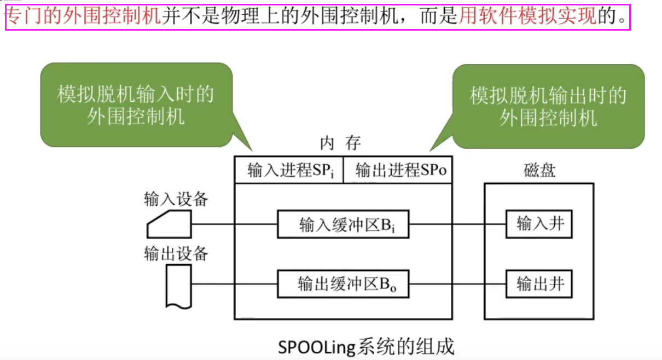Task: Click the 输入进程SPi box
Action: (288, 171)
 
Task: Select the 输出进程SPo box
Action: (398, 171)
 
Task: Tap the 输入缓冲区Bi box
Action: (343, 224)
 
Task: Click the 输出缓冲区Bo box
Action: (343, 284)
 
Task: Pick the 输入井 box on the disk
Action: (539, 224)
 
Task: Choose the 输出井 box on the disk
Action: (539, 284)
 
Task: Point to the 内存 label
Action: (340, 144)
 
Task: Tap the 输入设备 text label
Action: (176, 199)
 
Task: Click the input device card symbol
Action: (169, 224)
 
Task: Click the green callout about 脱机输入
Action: (136, 105)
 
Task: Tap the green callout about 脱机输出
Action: (548, 106)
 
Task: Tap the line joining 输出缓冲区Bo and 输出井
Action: (457, 284)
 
